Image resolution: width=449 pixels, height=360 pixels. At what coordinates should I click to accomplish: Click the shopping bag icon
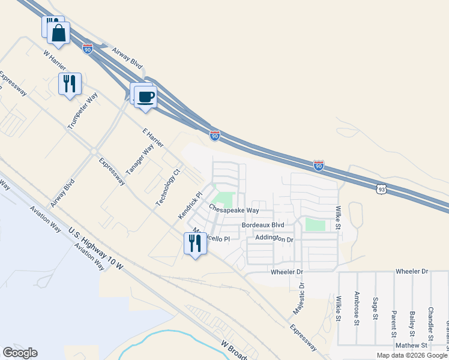click(59, 34)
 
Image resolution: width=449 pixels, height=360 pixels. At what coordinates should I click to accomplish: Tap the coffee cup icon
click(145, 95)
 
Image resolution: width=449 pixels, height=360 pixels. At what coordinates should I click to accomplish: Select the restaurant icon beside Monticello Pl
click(194, 244)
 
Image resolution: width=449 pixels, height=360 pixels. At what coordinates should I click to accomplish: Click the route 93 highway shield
click(382, 190)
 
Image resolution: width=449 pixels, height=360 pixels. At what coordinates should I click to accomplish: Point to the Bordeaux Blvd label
click(262, 225)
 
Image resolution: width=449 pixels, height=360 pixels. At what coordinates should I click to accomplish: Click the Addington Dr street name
click(274, 238)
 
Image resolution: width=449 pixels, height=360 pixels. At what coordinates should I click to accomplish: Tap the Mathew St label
click(411, 346)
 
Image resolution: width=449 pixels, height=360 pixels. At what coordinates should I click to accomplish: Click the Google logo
click(20, 353)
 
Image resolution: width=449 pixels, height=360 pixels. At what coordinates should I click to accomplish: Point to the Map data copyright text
click(412, 355)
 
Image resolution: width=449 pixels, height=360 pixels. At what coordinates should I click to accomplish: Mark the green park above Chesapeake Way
click(224, 197)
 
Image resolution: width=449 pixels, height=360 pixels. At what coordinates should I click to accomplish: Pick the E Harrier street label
click(153, 138)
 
